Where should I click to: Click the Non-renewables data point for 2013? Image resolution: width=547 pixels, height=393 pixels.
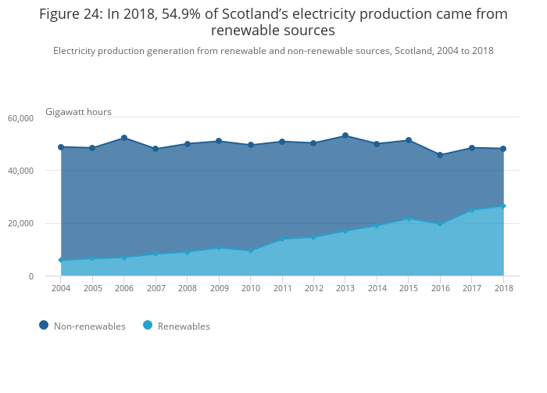pos(345,136)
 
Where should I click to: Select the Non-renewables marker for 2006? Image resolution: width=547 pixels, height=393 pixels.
pos(124,139)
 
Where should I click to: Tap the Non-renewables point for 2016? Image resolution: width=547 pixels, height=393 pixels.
pos(440,155)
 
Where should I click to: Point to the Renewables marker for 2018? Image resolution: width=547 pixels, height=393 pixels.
pos(503,206)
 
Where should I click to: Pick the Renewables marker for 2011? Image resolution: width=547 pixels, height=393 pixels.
pos(282,240)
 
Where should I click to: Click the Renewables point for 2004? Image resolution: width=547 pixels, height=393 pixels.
pos(61,260)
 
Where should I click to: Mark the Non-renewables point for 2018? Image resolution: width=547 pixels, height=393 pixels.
pos(503,149)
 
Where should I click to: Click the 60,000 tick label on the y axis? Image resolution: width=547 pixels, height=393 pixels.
pos(20,118)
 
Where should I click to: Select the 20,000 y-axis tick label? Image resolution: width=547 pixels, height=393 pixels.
pos(20,224)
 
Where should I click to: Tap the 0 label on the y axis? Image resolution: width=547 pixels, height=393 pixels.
pos(31,276)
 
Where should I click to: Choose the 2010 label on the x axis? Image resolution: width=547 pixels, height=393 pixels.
pos(250,288)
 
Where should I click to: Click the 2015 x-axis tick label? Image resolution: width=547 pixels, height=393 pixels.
pos(409,288)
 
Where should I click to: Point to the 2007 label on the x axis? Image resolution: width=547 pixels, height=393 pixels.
pos(156,288)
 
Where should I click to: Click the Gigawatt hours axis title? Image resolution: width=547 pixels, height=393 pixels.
pos(78,112)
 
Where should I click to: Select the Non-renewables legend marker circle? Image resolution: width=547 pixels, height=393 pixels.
pos(44,326)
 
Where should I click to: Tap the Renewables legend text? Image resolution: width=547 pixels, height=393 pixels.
pos(184,326)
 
